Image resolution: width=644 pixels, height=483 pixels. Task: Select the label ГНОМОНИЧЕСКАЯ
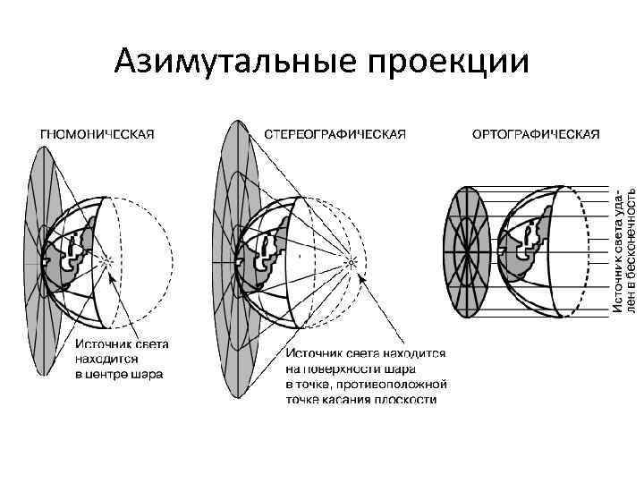[97, 134]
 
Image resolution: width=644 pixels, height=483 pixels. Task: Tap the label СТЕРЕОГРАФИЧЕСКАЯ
[336, 134]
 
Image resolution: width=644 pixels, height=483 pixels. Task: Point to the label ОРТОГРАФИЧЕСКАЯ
[535, 134]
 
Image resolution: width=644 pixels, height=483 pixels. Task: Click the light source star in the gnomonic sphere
[106, 261]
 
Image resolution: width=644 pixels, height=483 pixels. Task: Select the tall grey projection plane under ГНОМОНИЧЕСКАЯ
[43, 259]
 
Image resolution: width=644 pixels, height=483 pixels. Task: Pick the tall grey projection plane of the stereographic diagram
[234, 259]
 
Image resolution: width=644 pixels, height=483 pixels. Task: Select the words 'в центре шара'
[118, 374]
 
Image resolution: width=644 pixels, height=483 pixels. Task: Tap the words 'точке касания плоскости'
[361, 399]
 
